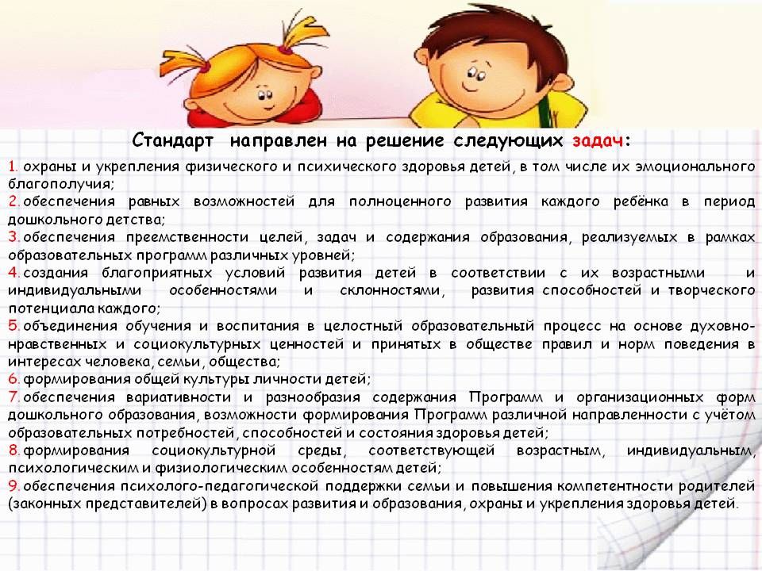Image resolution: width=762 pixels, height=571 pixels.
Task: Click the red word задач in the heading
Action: click(x=597, y=141)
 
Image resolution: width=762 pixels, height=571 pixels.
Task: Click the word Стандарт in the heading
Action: click(x=172, y=140)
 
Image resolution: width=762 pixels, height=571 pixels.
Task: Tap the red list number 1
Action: click(x=13, y=167)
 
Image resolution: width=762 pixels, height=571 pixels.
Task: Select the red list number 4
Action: click(x=13, y=273)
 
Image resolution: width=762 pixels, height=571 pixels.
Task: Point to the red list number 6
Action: click(x=13, y=379)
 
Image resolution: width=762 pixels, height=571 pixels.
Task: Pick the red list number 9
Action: click(x=13, y=485)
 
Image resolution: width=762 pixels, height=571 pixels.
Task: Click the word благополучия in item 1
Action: click(x=61, y=185)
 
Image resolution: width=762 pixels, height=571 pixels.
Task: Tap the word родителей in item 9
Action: click(x=716, y=486)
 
